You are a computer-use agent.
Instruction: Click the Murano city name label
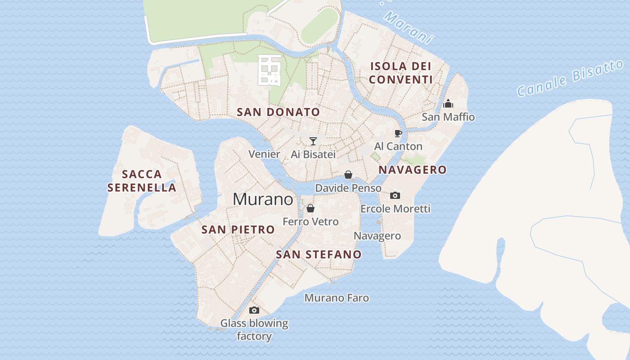[263, 199]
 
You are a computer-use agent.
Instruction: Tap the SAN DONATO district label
[279, 112]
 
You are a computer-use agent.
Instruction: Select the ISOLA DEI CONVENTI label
[400, 73]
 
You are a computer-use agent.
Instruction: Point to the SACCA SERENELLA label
[142, 181]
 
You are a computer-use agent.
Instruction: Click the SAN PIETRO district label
[238, 229]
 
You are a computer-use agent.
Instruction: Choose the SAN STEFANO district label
[319, 254]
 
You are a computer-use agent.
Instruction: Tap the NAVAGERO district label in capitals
[412, 170]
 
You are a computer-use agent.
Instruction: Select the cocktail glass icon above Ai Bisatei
[313, 141]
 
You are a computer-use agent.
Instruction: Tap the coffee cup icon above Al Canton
[398, 133]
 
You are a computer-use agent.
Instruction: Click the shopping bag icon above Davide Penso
[348, 175]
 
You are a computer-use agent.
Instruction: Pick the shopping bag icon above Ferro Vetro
[310, 208]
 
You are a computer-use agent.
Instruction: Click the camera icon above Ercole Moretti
[395, 195]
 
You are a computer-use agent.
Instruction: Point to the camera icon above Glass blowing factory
[254, 310]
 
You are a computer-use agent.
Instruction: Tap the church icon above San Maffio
[448, 104]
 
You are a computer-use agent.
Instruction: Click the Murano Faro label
[337, 298]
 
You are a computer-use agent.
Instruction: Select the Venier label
[265, 154]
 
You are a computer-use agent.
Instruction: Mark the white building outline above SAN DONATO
[269, 70]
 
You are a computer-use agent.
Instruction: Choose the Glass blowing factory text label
[254, 329]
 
